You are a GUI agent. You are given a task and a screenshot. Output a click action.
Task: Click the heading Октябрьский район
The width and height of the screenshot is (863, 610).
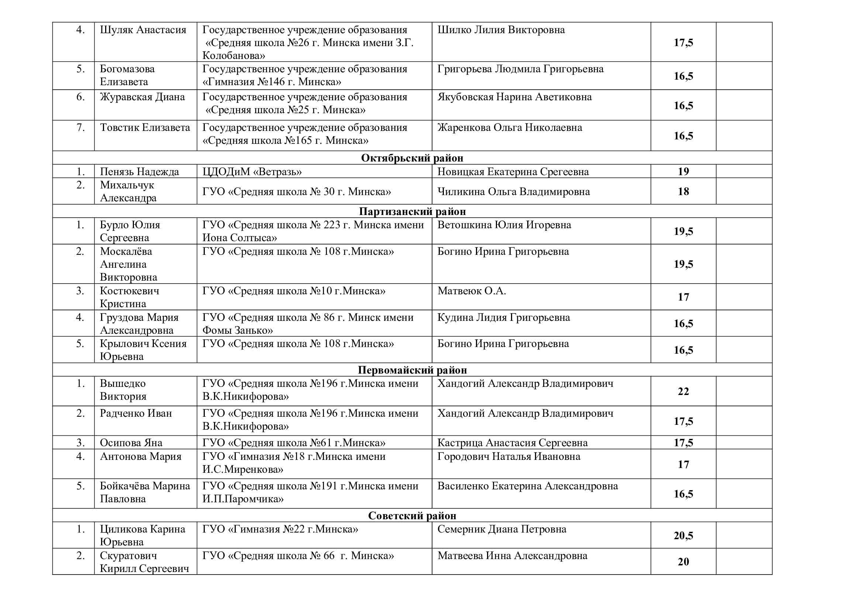(x=412, y=158)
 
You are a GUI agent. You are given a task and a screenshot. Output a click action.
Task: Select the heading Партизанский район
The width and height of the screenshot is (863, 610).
(x=412, y=211)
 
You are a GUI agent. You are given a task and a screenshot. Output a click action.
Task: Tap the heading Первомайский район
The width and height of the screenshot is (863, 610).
(x=412, y=370)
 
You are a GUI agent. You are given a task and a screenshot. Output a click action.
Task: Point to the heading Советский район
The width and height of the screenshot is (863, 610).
(x=412, y=515)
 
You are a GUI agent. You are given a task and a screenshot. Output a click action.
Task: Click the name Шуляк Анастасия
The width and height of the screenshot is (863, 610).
(x=143, y=30)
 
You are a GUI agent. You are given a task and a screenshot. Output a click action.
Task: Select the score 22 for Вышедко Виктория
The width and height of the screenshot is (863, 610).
(x=683, y=391)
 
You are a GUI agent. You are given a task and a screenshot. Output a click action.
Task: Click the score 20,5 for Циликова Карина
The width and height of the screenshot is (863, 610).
(x=683, y=536)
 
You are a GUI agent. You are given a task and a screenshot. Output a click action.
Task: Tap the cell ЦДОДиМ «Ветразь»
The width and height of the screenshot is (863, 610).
(x=252, y=171)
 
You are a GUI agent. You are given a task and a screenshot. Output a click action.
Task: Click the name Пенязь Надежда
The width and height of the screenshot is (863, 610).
(x=139, y=171)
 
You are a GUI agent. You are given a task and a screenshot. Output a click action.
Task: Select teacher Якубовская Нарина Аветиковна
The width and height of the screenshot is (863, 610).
(x=514, y=97)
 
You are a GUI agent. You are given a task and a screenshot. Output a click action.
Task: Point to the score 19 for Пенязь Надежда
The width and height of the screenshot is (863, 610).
(x=683, y=171)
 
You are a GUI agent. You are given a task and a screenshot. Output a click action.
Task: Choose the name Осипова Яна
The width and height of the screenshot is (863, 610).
(x=131, y=443)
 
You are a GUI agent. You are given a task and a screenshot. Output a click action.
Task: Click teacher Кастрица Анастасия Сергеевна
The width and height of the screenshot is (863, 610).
(x=512, y=443)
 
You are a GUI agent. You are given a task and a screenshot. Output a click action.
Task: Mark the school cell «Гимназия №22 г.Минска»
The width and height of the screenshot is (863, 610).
(x=280, y=529)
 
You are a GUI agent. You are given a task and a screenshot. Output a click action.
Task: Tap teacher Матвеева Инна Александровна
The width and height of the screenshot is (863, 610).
(x=512, y=555)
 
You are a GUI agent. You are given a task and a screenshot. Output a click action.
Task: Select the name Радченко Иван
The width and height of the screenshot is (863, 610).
(x=136, y=413)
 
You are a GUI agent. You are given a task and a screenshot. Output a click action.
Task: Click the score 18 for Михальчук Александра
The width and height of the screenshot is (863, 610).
(x=683, y=191)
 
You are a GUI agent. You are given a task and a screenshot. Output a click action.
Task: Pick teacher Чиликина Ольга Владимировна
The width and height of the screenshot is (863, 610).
(x=514, y=191)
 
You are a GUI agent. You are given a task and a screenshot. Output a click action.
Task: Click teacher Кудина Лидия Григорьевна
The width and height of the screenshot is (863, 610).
(x=503, y=318)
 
